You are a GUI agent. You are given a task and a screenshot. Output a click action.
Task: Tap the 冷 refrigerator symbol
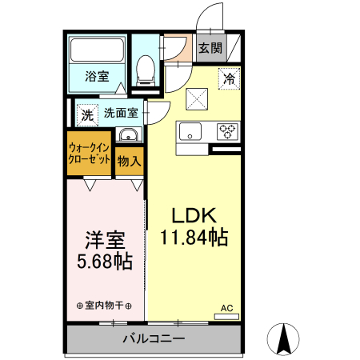(x=229, y=79)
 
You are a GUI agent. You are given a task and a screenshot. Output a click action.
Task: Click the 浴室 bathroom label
(x=98, y=78)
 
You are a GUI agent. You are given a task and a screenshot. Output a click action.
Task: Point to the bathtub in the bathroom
(x=98, y=52)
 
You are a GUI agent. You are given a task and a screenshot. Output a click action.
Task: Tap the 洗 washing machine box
(x=86, y=114)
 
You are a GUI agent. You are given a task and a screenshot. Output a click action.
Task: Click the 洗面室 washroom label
(x=121, y=113)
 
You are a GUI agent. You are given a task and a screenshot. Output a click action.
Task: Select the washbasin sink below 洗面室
(x=128, y=135)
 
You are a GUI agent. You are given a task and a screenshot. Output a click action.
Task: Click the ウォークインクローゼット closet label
(x=89, y=154)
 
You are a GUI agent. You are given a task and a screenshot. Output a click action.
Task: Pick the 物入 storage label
(x=129, y=161)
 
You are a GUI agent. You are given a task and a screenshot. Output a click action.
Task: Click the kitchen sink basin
(x=192, y=131)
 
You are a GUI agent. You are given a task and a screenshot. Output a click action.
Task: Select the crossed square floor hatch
(x=196, y=98)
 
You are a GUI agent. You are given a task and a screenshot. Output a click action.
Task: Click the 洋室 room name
(x=104, y=240)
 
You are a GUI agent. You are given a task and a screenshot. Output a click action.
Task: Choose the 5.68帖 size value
(x=104, y=262)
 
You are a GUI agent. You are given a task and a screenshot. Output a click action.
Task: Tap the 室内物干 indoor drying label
(x=104, y=306)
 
